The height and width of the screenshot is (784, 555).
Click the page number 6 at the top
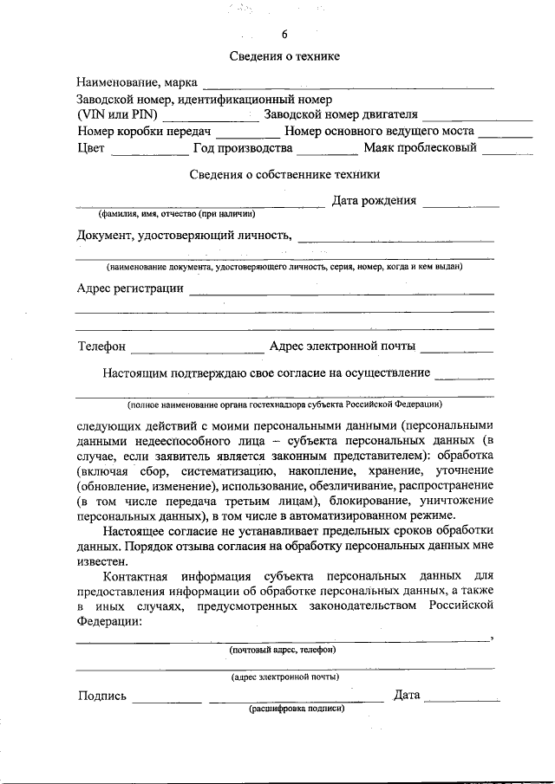[284, 35]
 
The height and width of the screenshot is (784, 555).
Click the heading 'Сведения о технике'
[284, 56]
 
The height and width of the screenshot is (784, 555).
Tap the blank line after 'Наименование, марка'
[348, 85]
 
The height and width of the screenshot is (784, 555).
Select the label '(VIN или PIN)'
[114, 115]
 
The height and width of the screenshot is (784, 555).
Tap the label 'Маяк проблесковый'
[420, 148]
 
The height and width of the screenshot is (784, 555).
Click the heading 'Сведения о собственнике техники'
[284, 174]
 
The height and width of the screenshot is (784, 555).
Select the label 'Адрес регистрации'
[130, 288]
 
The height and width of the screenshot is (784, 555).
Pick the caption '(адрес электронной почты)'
[284, 677]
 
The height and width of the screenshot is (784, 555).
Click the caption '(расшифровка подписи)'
[297, 708]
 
